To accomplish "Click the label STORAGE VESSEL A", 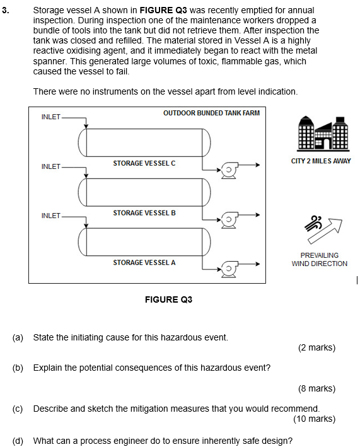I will pos(144,262).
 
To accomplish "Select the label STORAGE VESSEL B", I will pos(144,213).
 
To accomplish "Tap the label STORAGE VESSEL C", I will pos(144,163).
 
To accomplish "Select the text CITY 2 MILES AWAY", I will pos(321,161).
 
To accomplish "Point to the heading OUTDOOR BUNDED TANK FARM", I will pos(211,113).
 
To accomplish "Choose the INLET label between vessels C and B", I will pos(50,166).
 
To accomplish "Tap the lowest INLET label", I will pos(50,216).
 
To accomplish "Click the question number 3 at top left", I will pos(5,11).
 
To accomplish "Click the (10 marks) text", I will pos(314,419).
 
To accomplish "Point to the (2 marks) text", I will pos(316,347).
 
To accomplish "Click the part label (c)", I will pos(18,409).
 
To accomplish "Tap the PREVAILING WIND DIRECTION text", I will pos(319,260).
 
